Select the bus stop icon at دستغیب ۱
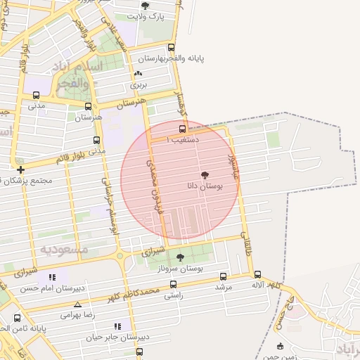pyautogui.click(x=183, y=129)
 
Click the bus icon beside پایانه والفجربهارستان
pyautogui.click(x=172, y=48)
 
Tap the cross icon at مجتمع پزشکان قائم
pyautogui.click(x=20, y=169)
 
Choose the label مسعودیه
pyautogui.click(x=64, y=250)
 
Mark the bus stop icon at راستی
pyautogui.click(x=173, y=285)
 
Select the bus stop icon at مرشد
pyautogui.click(x=224, y=277)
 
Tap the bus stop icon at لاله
pyautogui.click(x=257, y=276)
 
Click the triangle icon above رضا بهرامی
pyautogui.click(x=77, y=305)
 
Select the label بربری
pyautogui.click(x=138, y=84)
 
